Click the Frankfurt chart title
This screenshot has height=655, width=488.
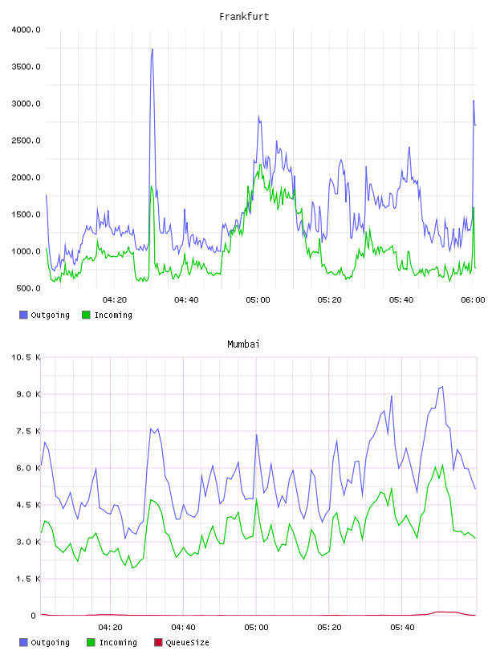(244, 16)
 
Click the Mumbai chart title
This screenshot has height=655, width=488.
(243, 344)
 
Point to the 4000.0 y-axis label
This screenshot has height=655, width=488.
(26, 30)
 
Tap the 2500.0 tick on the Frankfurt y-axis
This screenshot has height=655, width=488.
(26, 140)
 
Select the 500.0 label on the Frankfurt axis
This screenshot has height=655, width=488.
(28, 288)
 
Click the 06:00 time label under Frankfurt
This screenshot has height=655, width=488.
(473, 299)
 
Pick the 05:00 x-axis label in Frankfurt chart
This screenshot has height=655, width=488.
(258, 299)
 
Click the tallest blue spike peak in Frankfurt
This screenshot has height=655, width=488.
(152, 49)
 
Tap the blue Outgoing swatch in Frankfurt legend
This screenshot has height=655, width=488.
(23, 315)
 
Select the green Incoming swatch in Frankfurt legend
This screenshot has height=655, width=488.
(86, 315)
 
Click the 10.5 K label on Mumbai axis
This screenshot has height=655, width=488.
(26, 357)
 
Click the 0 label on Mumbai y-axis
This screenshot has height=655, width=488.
(34, 616)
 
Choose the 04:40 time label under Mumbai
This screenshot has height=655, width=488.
(184, 627)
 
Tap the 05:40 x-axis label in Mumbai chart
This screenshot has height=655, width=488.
(402, 627)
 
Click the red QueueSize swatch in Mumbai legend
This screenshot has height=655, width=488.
(158, 642)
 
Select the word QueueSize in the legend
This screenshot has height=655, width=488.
(187, 643)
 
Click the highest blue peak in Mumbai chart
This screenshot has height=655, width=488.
(442, 387)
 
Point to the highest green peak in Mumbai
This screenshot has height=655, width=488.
(442, 465)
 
